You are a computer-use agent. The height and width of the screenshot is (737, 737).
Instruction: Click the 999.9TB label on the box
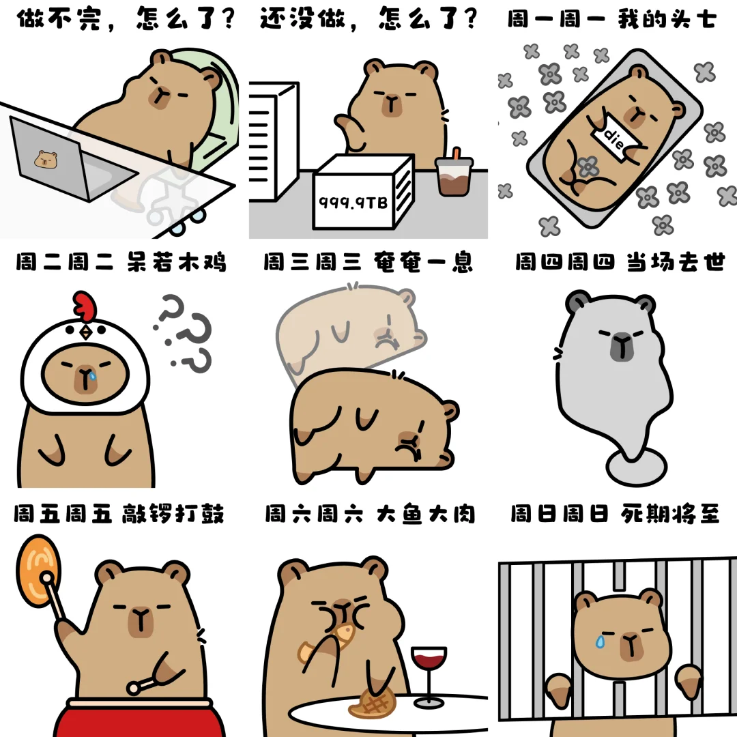353,202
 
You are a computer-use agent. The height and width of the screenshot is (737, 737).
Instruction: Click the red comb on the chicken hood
85,305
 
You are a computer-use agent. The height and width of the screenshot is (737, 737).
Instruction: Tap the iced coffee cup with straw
454,172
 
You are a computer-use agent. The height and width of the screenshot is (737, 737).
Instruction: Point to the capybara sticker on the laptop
46,159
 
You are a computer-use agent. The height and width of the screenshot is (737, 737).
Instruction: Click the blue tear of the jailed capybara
600,641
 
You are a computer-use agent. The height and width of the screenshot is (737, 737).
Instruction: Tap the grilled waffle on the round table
373,704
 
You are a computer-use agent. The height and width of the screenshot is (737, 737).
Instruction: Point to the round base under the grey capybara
636,467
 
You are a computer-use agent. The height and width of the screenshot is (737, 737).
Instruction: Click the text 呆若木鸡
177,262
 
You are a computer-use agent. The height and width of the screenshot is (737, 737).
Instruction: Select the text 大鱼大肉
425,513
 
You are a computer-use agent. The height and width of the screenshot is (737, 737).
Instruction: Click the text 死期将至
670,513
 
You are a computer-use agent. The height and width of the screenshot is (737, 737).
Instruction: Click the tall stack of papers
274,141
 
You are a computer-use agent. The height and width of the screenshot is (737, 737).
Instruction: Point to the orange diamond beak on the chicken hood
86,332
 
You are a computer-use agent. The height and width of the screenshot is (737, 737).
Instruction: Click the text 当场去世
676,262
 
